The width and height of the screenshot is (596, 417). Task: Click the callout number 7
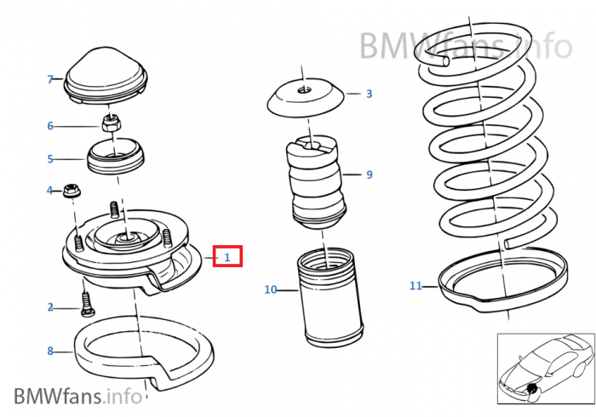(x=49, y=79)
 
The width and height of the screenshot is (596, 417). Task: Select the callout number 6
(x=50, y=126)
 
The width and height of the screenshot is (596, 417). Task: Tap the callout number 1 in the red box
(x=227, y=257)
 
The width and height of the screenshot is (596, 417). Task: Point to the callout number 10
(x=271, y=290)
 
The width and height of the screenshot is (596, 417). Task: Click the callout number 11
(x=415, y=286)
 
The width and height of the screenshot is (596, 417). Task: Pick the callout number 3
(x=369, y=94)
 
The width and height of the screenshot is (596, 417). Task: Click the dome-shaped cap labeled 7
(x=106, y=76)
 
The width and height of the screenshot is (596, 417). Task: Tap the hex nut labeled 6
(x=112, y=123)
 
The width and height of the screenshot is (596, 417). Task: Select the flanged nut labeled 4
(x=71, y=191)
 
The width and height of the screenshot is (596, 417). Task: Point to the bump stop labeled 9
(x=316, y=181)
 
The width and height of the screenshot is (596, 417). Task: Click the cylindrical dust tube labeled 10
(x=330, y=297)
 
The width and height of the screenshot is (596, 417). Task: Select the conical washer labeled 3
(x=306, y=98)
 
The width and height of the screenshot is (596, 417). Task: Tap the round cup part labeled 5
(x=116, y=156)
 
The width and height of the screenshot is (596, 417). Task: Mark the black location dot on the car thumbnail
(x=532, y=388)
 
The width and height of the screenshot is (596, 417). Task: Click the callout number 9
(x=369, y=174)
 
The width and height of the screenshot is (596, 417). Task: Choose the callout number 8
(x=50, y=351)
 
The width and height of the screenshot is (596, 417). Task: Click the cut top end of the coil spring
(x=444, y=60)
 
